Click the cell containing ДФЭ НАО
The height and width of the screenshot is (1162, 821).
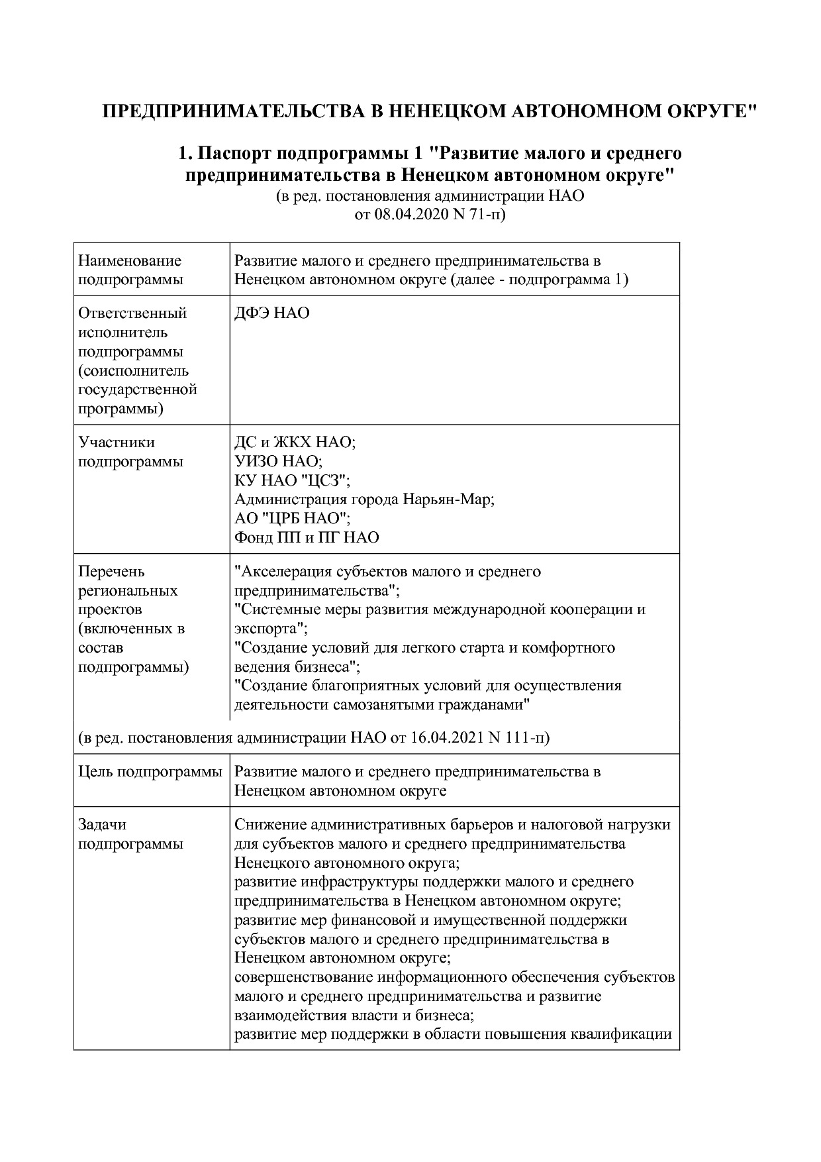(272, 313)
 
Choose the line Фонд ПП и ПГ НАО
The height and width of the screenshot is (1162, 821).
(307, 537)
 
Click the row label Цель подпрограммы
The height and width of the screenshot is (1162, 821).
(150, 772)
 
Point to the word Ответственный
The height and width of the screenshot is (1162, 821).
(132, 313)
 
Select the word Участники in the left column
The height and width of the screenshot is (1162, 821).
(116, 443)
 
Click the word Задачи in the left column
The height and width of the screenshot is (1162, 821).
(102, 825)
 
